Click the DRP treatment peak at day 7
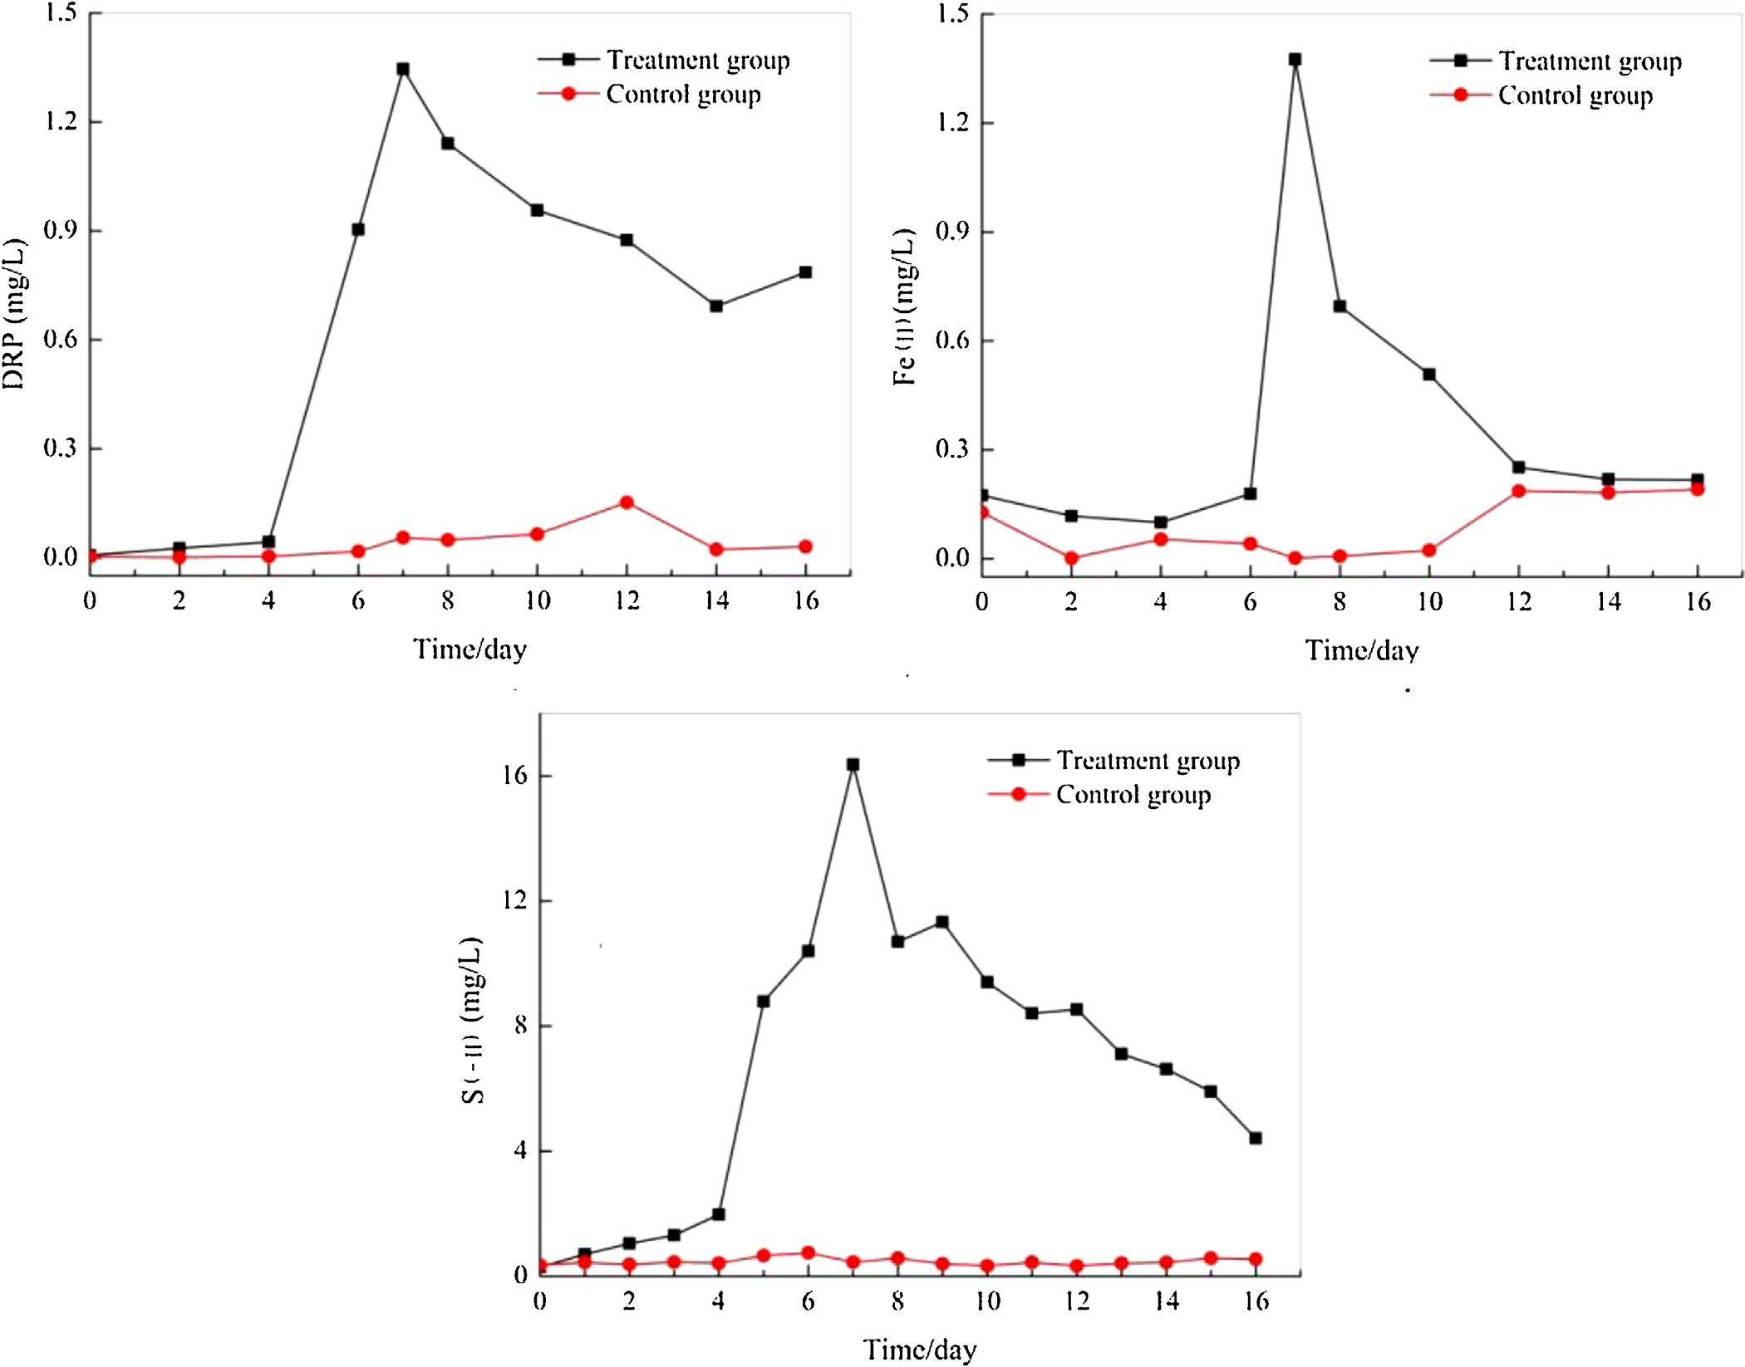tap(403, 69)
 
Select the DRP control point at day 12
tap(627, 502)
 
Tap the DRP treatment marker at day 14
tap(716, 306)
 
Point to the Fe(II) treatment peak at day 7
tap(1295, 60)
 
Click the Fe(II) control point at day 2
tap(1071, 558)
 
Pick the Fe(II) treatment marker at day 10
tap(1429, 375)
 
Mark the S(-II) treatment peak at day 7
tap(853, 765)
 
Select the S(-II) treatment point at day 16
tap(1256, 1138)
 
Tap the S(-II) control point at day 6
tap(808, 1252)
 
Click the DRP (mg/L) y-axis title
tap(14, 314)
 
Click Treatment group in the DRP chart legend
tap(697, 61)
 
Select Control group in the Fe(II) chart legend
tap(1575, 96)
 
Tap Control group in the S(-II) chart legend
tap(1133, 795)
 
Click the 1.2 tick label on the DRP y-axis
tap(61, 122)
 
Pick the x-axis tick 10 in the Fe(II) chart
tap(1429, 600)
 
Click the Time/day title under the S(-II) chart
tap(920, 1349)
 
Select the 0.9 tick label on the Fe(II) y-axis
tap(952, 232)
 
